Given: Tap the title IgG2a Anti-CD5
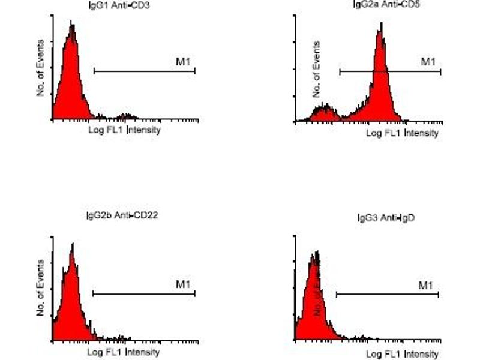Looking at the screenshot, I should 376,5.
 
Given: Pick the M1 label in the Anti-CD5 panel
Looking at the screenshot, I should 427,62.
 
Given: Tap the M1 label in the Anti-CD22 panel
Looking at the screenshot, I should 182,284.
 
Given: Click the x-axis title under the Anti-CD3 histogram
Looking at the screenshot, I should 124,130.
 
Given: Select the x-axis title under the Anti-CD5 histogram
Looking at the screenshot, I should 402,133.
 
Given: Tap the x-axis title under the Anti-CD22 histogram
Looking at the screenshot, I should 124,352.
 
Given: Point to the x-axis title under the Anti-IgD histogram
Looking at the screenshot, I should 402,354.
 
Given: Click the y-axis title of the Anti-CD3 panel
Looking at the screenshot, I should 41,67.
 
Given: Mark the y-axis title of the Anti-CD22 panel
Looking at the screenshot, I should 41,287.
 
